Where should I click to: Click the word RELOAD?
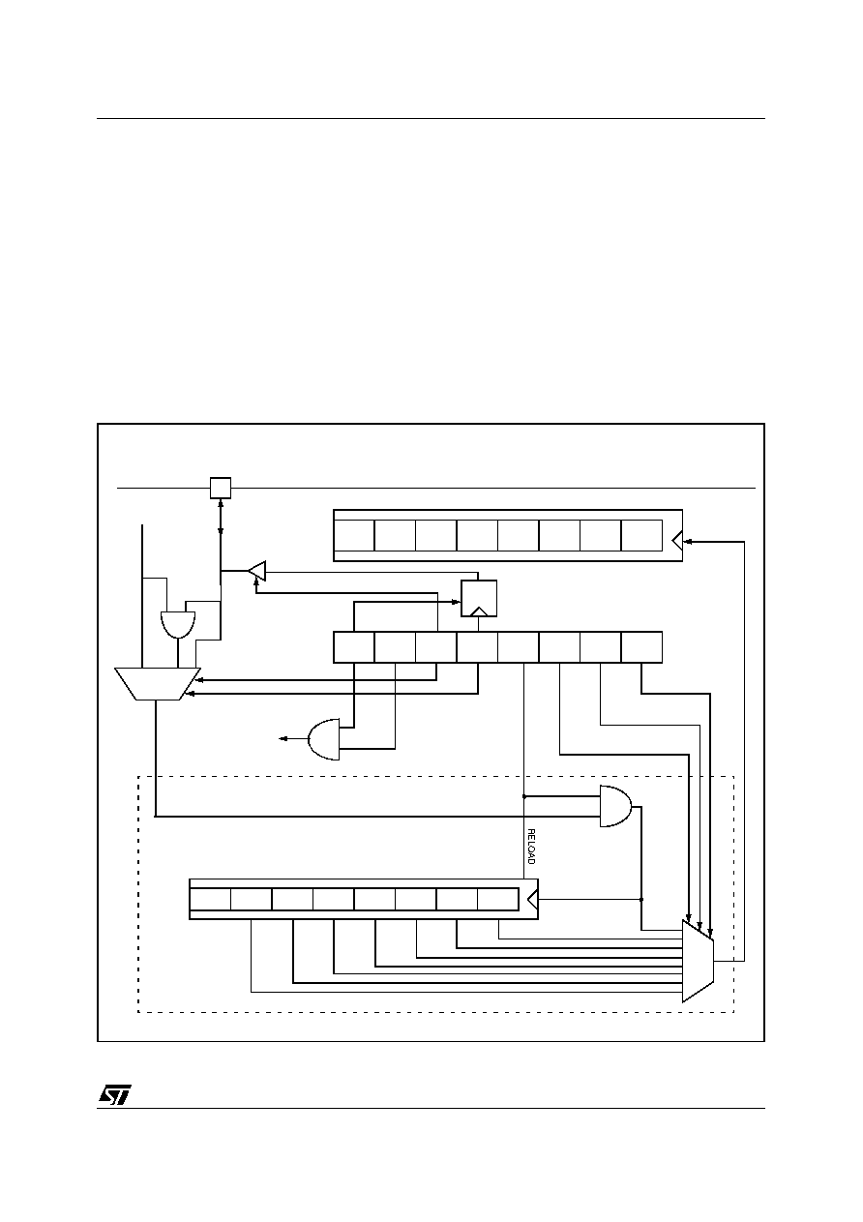tap(531, 847)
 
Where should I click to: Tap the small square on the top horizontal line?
tap(221, 488)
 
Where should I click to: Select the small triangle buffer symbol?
tap(257, 571)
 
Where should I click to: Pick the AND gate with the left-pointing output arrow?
tap(324, 739)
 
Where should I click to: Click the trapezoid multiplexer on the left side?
tap(158, 683)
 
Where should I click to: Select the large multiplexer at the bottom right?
tap(698, 961)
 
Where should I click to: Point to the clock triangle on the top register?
tap(677, 542)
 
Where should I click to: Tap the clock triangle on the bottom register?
tap(533, 899)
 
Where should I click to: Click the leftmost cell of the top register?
tap(354, 536)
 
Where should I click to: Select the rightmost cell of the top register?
tap(641, 536)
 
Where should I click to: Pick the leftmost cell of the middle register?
tap(354, 647)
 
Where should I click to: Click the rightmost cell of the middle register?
tap(641, 647)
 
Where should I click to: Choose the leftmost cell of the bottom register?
tap(210, 899)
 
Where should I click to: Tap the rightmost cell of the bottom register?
tap(498, 899)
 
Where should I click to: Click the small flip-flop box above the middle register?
tap(479, 599)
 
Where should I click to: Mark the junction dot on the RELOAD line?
tap(524, 796)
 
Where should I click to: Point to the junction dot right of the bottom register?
tap(641, 899)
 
